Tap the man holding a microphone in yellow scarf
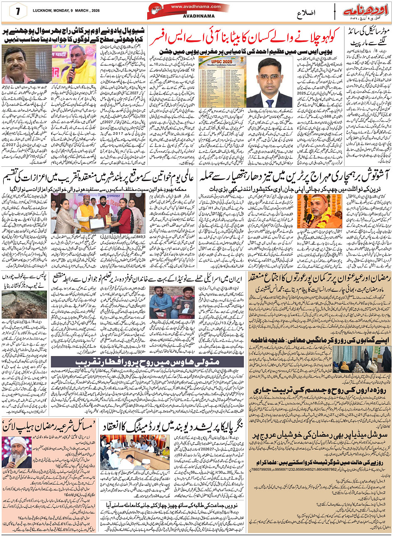[x=69, y=64]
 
